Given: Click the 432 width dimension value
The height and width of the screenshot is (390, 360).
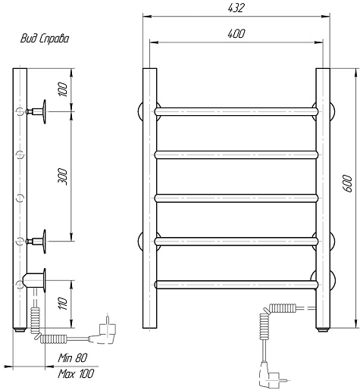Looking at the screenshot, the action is [x=236, y=8].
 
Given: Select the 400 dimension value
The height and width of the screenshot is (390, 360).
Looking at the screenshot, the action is [x=236, y=33].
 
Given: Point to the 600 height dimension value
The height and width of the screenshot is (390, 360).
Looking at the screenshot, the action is [x=348, y=183].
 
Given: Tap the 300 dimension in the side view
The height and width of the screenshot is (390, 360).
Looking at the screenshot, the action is [x=63, y=177].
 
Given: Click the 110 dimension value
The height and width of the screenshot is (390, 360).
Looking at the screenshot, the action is [x=63, y=304].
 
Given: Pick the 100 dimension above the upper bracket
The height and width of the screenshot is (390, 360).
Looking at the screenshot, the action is [x=63, y=89].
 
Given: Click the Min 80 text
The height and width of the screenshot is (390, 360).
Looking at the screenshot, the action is [x=73, y=357].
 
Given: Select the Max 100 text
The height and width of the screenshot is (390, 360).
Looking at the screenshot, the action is [x=76, y=373].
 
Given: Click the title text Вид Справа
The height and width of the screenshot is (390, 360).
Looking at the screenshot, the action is [x=45, y=39].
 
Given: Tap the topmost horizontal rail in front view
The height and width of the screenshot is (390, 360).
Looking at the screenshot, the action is [x=236, y=111].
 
